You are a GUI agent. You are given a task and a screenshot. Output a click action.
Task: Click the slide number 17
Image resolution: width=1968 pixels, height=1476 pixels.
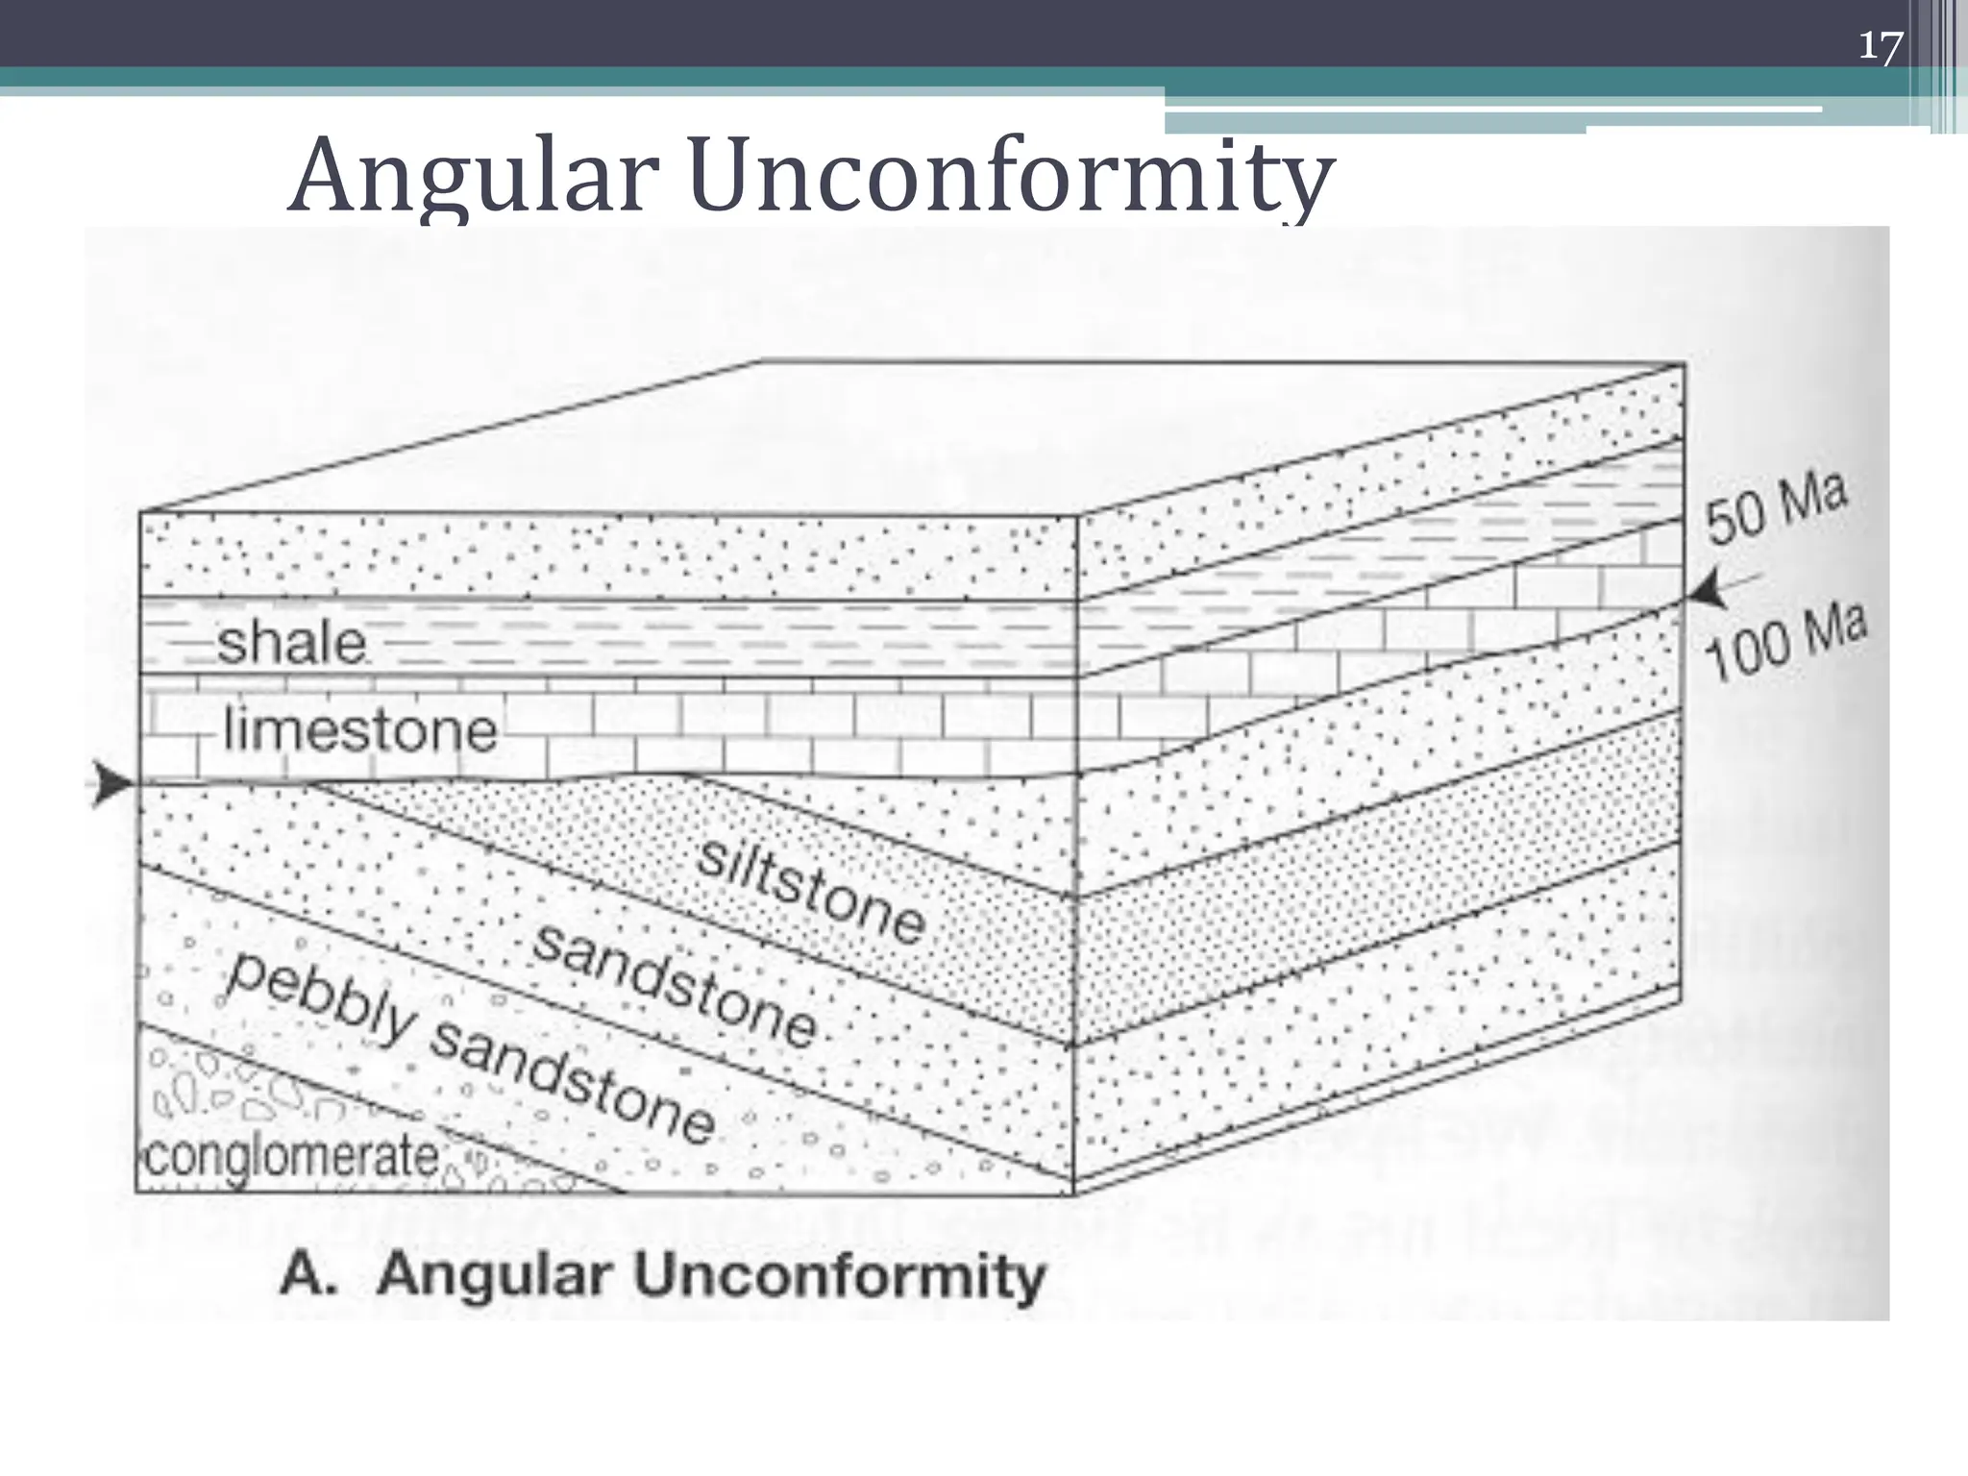click(x=1880, y=46)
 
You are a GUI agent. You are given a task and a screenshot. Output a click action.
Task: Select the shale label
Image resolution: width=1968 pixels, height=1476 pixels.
click(x=292, y=642)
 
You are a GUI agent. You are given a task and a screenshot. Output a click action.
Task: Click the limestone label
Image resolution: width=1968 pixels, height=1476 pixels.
click(x=359, y=730)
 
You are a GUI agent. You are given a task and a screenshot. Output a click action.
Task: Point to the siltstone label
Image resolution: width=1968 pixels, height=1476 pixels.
click(x=811, y=892)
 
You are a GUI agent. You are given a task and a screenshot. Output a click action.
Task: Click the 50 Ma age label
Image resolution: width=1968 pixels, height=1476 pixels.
click(x=1776, y=510)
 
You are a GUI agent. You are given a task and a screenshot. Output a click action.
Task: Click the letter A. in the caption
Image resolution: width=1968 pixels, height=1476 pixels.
click(x=310, y=1276)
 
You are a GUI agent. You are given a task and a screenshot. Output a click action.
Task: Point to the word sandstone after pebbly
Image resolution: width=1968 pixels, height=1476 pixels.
click(x=573, y=1086)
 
